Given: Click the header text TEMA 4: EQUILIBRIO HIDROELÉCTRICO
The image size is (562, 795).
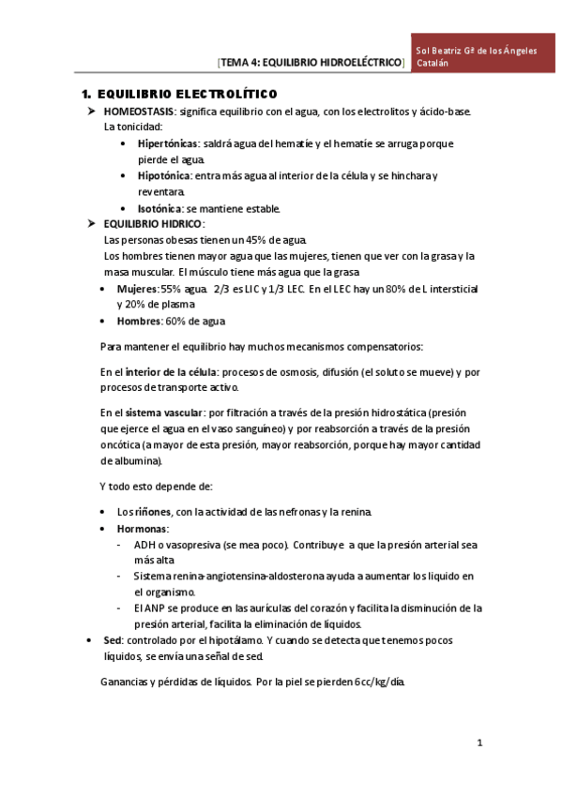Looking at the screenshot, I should [x=311, y=63].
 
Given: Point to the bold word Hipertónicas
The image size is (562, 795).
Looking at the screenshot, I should [x=168, y=144].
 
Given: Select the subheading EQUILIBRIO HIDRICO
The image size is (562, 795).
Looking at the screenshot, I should [x=153, y=224].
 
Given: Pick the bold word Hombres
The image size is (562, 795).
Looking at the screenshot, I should [x=139, y=321].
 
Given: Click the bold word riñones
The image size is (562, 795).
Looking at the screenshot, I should [x=152, y=512].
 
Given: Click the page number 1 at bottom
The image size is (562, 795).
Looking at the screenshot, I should [x=478, y=744].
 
